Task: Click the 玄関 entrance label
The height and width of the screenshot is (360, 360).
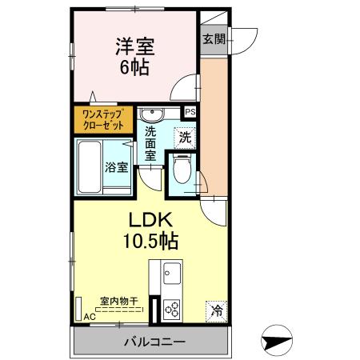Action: (213, 38)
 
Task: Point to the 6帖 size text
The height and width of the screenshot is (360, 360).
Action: (134, 67)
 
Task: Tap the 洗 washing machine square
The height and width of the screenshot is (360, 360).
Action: (185, 137)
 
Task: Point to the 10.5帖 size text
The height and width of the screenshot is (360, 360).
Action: (150, 239)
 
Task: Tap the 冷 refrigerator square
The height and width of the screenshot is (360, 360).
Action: (216, 310)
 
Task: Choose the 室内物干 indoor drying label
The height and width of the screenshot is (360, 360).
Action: (117, 302)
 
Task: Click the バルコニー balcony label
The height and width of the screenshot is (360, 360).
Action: (154, 342)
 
